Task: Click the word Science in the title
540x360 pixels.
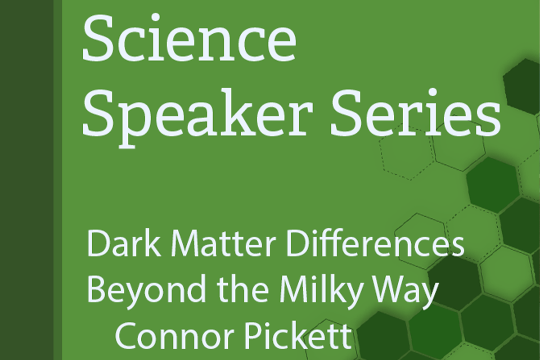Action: [189, 37]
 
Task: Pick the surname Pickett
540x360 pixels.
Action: [298, 335]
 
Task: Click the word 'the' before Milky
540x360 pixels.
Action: [243, 288]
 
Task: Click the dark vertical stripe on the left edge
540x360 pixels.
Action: [27, 180]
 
